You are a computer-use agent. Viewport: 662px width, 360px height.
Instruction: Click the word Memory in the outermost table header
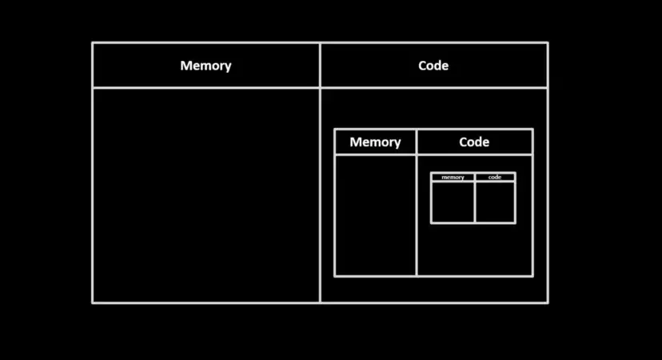pyautogui.click(x=205, y=66)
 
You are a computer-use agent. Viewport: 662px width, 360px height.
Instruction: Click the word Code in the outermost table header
pyautogui.click(x=433, y=66)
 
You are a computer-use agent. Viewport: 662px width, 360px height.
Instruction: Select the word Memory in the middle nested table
pyautogui.click(x=375, y=142)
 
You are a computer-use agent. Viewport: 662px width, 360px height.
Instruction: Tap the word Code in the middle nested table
pyautogui.click(x=474, y=142)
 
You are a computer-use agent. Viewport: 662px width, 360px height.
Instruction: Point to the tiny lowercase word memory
pyautogui.click(x=453, y=177)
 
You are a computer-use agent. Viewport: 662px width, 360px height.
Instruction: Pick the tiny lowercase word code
pyautogui.click(x=495, y=177)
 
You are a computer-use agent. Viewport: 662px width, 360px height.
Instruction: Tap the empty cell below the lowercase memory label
pyautogui.click(x=453, y=202)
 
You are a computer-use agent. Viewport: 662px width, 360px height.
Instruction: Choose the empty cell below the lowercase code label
pyautogui.click(x=495, y=202)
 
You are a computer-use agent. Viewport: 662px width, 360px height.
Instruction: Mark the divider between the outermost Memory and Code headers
pyautogui.click(x=320, y=66)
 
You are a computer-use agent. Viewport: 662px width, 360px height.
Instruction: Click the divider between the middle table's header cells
pyautogui.click(x=417, y=142)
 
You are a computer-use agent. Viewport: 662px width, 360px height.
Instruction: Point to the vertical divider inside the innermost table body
pyautogui.click(x=475, y=202)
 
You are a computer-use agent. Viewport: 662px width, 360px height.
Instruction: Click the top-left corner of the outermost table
pyautogui.click(x=93, y=43)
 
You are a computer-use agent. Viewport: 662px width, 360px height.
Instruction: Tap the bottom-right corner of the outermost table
pyautogui.click(x=548, y=302)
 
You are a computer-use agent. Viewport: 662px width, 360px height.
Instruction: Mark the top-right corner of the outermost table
pyautogui.click(x=548, y=43)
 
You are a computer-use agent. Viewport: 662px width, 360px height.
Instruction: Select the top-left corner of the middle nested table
pyautogui.click(x=335, y=130)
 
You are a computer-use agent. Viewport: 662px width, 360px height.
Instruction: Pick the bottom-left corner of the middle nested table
pyautogui.click(x=335, y=276)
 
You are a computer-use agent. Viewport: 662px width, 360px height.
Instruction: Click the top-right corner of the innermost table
pyautogui.click(x=515, y=174)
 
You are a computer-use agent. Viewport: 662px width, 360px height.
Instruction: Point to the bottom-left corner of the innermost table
pyautogui.click(x=432, y=222)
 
